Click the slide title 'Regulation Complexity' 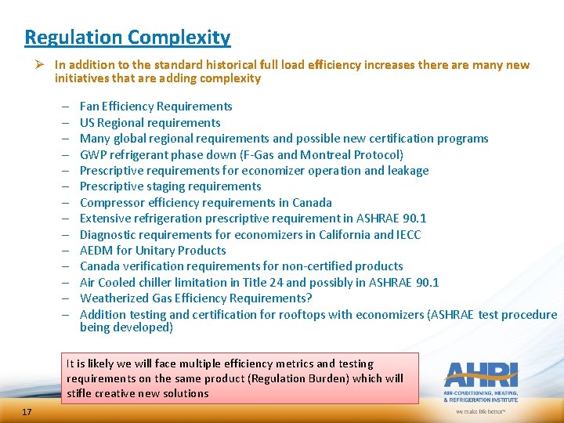coord(128,37)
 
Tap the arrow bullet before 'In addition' coord(43,65)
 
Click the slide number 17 coord(27,411)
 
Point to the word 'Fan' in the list coord(89,107)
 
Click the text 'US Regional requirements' coord(150,122)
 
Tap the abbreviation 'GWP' coord(93,154)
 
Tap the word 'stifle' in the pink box coord(79,392)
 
